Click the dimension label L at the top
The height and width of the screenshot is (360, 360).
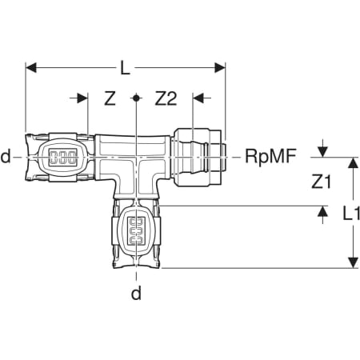[x=125, y=68]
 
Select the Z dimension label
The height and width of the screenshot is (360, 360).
[x=110, y=98]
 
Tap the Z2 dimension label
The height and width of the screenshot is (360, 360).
[x=166, y=98]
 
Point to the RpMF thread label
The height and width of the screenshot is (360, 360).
[x=270, y=156]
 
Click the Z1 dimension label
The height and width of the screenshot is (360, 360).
[x=321, y=182]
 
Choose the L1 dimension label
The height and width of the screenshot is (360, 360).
[x=351, y=214]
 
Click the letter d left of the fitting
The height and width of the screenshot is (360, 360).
[x=6, y=157]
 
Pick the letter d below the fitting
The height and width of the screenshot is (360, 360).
[x=136, y=294]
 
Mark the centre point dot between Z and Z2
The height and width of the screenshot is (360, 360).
[x=136, y=98]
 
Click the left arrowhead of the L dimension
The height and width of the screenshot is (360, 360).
[x=30, y=68]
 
